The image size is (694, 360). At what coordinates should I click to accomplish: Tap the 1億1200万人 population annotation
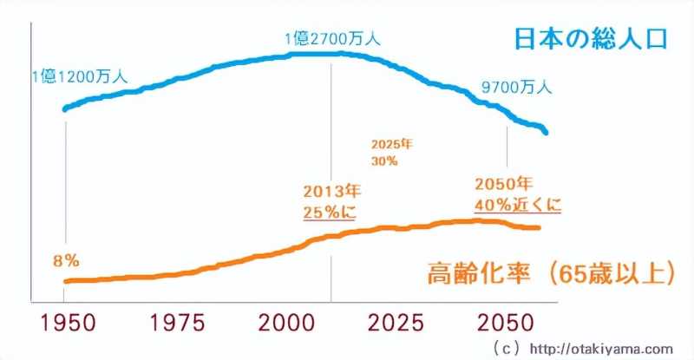tap(79, 76)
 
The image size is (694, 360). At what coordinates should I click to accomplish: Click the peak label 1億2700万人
tap(332, 39)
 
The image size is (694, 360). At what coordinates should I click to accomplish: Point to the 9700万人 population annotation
tap(516, 87)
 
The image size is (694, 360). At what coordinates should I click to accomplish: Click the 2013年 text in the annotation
tap(331, 191)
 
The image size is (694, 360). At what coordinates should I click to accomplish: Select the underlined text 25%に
tap(330, 212)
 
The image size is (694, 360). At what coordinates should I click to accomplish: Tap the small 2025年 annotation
tap(391, 144)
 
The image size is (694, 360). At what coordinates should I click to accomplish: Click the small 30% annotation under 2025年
tap(385, 160)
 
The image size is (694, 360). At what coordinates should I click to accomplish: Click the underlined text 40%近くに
tap(519, 205)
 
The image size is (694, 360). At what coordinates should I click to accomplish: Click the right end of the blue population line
tap(547, 133)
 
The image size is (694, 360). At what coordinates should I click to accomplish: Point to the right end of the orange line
tap(539, 227)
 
